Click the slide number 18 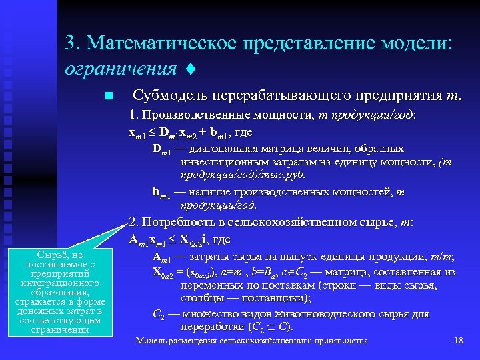coord(458,341)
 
